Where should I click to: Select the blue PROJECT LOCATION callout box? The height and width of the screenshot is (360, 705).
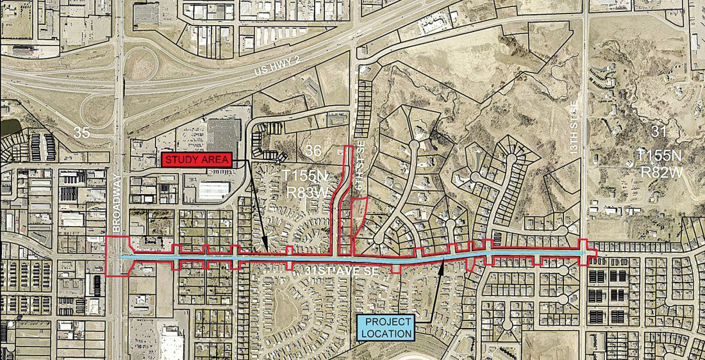click(x=386, y=327)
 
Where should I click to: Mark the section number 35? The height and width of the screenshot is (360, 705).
click(x=81, y=133)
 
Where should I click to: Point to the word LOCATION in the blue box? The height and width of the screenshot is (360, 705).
click(x=386, y=333)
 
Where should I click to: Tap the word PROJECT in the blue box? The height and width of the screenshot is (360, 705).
click(x=386, y=321)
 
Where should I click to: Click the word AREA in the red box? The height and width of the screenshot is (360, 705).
click(x=213, y=160)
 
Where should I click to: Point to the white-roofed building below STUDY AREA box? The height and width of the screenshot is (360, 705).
click(x=213, y=190)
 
